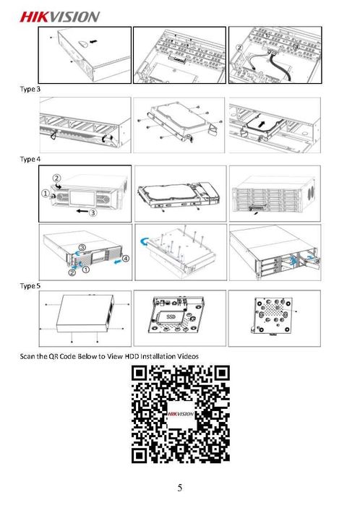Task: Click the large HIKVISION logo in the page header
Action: (60, 17)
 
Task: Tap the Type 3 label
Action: (30, 89)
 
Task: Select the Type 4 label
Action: (30, 159)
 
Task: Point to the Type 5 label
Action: (30, 286)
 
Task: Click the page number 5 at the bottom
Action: (180, 488)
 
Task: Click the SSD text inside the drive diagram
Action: (171, 316)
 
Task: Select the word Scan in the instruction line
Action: (27, 356)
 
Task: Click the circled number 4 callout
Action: (126, 259)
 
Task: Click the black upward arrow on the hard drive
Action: (263, 124)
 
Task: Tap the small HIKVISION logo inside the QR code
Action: (181, 414)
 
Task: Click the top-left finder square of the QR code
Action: (140, 374)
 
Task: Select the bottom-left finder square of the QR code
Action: (140, 455)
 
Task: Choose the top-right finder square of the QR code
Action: (222, 374)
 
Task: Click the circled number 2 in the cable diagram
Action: (239, 48)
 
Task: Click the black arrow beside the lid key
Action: (93, 42)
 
